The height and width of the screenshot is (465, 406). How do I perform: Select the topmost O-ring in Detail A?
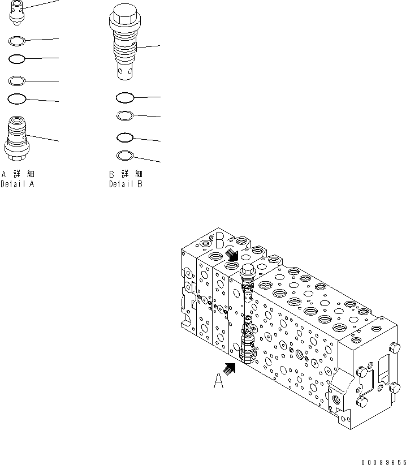coord(16,41)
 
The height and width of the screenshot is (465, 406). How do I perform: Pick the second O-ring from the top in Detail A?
coord(16,58)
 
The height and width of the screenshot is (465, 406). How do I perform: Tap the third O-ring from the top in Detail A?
coord(16,80)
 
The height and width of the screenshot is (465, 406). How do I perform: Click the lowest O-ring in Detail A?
coord(16,99)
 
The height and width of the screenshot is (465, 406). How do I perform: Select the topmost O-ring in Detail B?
coord(124,98)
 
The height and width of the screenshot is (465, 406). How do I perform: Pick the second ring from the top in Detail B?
coord(124,116)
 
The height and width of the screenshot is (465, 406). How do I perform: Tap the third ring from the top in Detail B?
coord(124,137)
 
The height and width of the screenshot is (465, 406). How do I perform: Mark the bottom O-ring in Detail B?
coord(124,156)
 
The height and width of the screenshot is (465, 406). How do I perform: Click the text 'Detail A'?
coord(18,184)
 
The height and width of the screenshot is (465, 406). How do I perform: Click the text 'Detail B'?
coord(126,184)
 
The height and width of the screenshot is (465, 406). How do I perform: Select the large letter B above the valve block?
coord(220,242)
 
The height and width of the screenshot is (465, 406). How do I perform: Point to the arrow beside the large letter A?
coord(229,368)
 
